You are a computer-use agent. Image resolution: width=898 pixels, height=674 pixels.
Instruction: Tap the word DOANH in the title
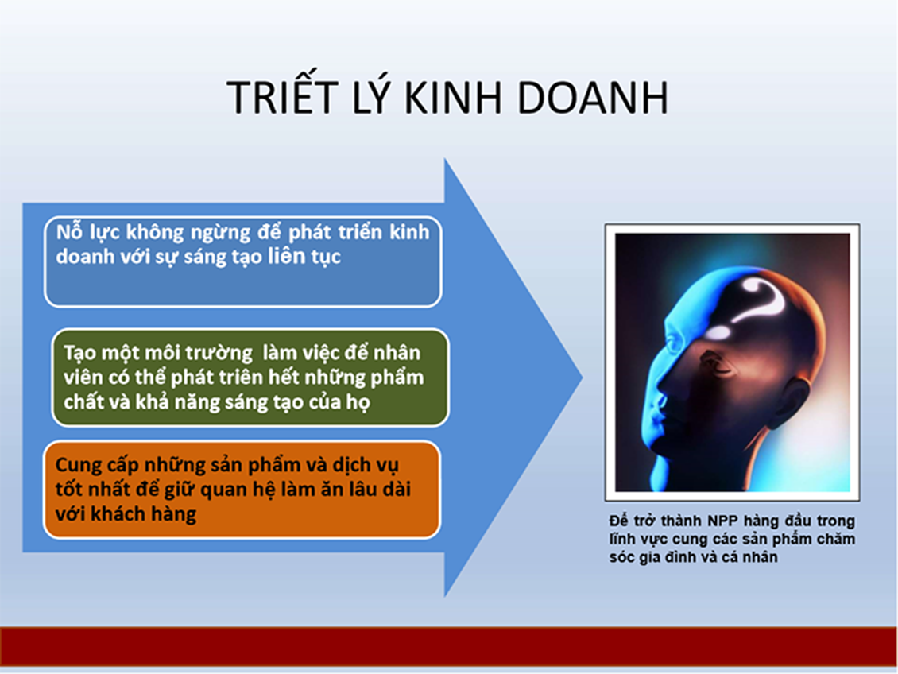point(592,97)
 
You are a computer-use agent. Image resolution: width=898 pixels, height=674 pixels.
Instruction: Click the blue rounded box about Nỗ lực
point(243,261)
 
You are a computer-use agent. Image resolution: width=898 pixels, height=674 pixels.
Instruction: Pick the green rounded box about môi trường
point(250,378)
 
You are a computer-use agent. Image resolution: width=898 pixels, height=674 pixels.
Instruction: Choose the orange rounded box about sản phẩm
point(242,490)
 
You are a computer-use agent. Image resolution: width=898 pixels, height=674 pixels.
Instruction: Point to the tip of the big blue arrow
point(582,378)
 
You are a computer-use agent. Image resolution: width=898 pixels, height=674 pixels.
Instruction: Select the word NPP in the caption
point(723,521)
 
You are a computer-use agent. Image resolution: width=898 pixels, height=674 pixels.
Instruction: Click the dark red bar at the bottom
point(449,646)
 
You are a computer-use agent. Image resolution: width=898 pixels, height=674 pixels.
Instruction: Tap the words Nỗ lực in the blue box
point(87,233)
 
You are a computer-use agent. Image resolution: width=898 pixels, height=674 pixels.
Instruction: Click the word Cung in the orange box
point(79,466)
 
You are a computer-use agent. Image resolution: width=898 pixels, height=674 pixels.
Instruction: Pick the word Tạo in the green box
point(79,354)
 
